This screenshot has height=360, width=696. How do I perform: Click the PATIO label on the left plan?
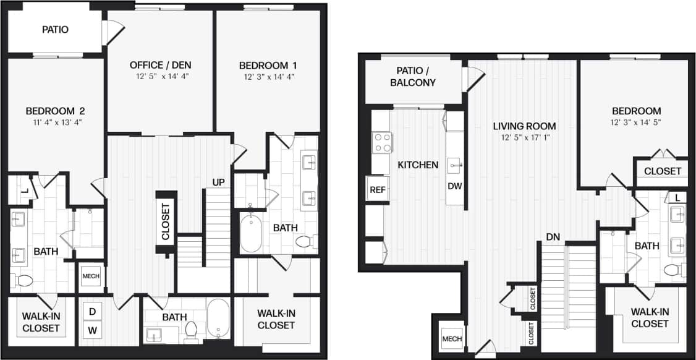coord(55,29)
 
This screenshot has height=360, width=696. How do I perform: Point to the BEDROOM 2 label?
coord(54,111)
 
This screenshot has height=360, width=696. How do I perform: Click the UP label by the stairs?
coord(218,182)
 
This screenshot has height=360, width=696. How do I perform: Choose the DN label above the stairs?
coord(553,236)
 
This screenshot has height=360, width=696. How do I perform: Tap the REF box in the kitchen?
coord(377,189)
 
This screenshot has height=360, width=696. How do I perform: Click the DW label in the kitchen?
coord(455,186)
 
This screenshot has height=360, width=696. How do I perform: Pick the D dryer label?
coord(92,311)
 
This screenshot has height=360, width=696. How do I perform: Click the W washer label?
coord(92,330)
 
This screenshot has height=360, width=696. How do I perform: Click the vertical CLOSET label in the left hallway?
coord(166,221)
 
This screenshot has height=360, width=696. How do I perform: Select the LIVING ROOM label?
coord(524,126)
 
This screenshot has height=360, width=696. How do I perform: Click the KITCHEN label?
coord(418,165)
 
